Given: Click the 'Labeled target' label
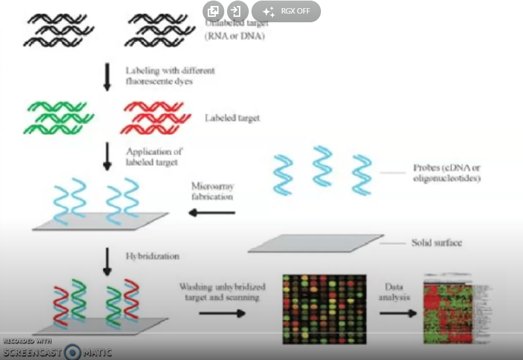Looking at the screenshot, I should point(232,118).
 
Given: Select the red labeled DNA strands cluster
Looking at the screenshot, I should point(155,117).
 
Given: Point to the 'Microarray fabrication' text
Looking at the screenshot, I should point(211,191).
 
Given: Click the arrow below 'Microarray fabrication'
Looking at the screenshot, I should point(211,213).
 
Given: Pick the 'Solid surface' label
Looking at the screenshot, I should point(437,242).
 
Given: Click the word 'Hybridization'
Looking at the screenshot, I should point(152,256).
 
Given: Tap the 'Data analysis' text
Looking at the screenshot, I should point(397,292).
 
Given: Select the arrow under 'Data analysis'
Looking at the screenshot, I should point(398,313).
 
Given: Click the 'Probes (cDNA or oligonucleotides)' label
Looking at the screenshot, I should point(446,173).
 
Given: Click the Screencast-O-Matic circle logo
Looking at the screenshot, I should point(72,352).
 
